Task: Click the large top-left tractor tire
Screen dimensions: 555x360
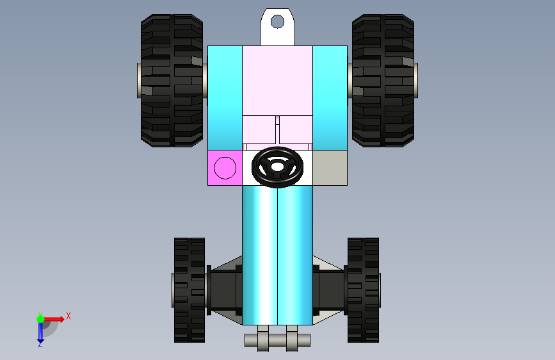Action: (x=172, y=81)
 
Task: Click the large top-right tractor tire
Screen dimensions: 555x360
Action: (x=383, y=81)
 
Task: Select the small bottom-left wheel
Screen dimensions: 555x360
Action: (x=189, y=290)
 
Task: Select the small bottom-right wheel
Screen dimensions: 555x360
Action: (x=363, y=290)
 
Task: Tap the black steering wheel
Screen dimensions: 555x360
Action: (x=278, y=167)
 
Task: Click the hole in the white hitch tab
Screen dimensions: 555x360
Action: (x=278, y=22)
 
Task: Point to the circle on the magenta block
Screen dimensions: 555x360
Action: (x=225, y=168)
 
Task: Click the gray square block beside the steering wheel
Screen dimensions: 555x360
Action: (x=330, y=168)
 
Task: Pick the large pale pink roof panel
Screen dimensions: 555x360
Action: (x=278, y=81)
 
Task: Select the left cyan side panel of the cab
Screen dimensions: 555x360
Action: (x=225, y=98)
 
